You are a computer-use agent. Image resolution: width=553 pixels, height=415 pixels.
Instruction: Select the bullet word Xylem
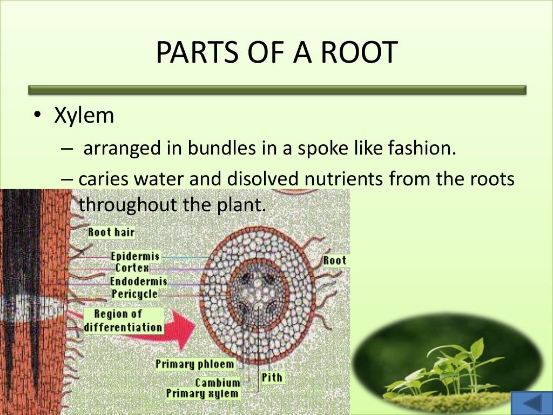[x=84, y=116]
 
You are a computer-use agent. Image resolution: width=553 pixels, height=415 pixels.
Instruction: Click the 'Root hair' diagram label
[x=111, y=232]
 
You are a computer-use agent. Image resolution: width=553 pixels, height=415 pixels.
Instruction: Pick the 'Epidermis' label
[x=135, y=256]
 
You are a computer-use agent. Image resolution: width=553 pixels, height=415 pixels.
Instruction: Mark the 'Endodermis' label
[x=138, y=282]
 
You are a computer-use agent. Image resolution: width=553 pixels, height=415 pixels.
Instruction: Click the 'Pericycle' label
[x=135, y=294]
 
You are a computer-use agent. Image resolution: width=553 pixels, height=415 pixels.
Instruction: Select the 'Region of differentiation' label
[x=123, y=320]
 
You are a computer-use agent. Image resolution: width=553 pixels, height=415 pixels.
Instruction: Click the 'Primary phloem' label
[x=195, y=364]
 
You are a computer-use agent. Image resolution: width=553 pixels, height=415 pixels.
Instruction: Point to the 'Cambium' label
[x=217, y=383]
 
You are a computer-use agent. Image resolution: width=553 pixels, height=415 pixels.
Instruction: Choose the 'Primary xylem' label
[x=202, y=393]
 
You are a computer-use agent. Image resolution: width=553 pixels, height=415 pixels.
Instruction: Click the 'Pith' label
[x=272, y=377]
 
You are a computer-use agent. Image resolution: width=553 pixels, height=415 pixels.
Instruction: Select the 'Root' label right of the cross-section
[x=334, y=260]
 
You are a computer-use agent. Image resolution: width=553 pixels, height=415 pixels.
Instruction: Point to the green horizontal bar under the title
[x=276, y=90]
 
